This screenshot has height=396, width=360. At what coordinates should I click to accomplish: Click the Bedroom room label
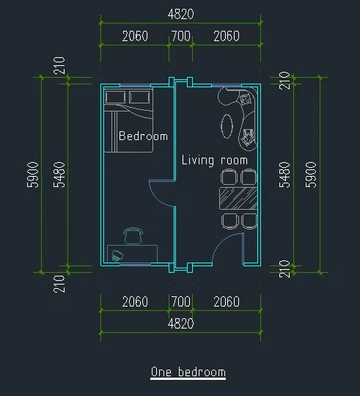(x=143, y=136)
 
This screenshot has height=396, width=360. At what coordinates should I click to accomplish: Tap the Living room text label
(x=215, y=161)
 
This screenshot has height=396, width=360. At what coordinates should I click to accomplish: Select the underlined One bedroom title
(x=188, y=373)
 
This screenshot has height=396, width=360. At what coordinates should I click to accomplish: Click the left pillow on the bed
(x=115, y=98)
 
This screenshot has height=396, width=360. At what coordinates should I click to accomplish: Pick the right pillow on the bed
(x=139, y=98)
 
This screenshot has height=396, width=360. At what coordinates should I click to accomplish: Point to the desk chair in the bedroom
(x=133, y=235)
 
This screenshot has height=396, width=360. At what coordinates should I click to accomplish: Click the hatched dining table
(x=238, y=198)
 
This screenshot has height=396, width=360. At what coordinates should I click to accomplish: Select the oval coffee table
(x=227, y=126)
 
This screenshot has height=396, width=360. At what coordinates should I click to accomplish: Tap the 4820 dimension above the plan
(x=181, y=14)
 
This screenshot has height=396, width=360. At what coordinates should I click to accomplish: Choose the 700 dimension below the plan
(x=181, y=301)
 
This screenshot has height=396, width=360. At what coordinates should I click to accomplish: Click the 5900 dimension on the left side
(x=33, y=175)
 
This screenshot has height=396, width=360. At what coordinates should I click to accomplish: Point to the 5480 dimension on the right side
(x=284, y=175)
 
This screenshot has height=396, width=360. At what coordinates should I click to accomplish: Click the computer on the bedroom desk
(x=117, y=256)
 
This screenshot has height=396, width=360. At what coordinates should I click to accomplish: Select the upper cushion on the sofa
(x=245, y=99)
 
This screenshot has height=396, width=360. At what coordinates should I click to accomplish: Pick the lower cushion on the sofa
(x=247, y=137)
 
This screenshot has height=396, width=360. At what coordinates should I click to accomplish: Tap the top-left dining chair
(x=229, y=177)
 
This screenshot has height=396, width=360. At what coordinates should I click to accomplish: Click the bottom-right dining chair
(x=249, y=221)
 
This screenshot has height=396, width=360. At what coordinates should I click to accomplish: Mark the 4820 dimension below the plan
(x=181, y=323)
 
